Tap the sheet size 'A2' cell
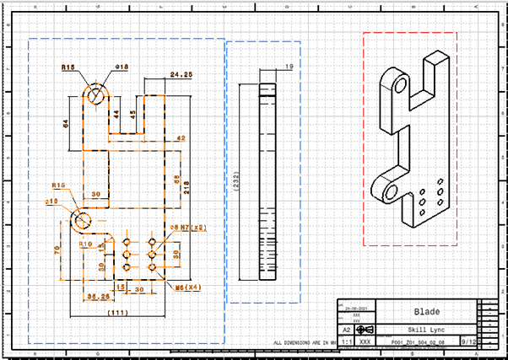click(345, 330)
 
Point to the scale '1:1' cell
click(345, 342)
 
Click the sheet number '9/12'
click(467, 342)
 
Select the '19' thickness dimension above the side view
click(289, 66)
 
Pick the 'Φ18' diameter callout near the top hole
click(122, 67)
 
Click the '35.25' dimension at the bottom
click(99, 297)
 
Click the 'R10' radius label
click(85, 244)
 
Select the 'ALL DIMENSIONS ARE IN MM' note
click(303, 343)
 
